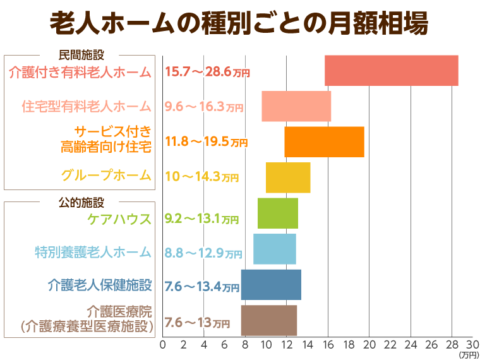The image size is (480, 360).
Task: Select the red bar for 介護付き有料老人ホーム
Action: point(391,71)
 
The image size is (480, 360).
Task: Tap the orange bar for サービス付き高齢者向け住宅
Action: point(324,141)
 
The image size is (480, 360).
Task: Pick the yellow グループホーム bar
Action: point(288,177)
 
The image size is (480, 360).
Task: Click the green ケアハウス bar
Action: point(278,213)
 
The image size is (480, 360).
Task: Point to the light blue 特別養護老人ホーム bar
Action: point(275,249)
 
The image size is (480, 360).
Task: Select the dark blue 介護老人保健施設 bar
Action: point(271,285)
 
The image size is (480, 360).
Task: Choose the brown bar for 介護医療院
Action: point(269,320)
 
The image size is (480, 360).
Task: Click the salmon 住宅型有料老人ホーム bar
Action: point(296,106)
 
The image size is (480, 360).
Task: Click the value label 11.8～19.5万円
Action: point(205,142)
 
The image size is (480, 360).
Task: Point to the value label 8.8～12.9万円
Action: point(203,253)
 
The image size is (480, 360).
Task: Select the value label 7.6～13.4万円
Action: point(203,287)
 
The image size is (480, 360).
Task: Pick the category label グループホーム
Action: point(106,175)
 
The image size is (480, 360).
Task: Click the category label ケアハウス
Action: point(120,219)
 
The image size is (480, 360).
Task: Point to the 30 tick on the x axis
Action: point(472,345)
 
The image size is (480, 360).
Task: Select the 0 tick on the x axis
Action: point(163,345)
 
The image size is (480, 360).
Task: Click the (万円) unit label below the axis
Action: point(469,355)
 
